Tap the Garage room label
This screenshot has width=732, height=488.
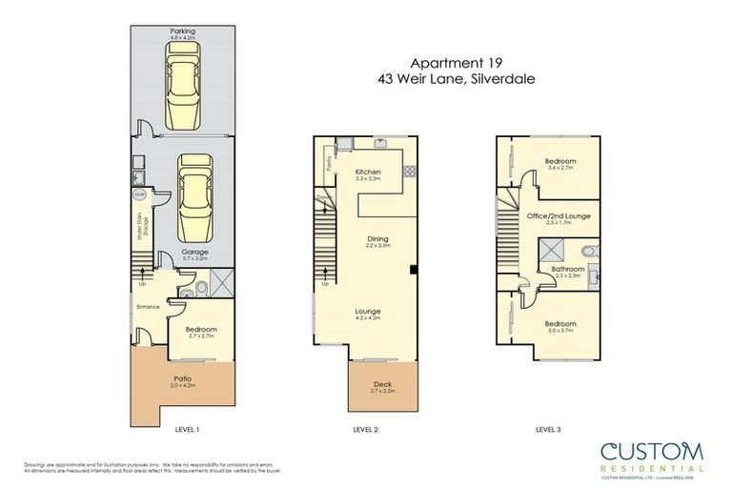(x=181, y=254)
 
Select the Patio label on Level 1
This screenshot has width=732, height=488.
(x=182, y=380)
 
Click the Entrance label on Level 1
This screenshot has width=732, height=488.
(x=147, y=307)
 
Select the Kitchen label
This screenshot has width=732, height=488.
(x=367, y=173)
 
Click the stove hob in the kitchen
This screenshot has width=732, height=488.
(x=411, y=172)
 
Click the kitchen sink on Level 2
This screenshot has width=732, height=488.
(x=381, y=145)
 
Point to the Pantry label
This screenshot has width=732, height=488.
(x=326, y=162)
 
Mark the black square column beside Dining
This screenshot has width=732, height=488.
(x=411, y=271)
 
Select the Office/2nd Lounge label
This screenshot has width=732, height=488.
(x=558, y=217)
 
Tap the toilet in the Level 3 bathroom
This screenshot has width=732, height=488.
(x=589, y=252)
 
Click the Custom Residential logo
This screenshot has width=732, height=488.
(x=651, y=455)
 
